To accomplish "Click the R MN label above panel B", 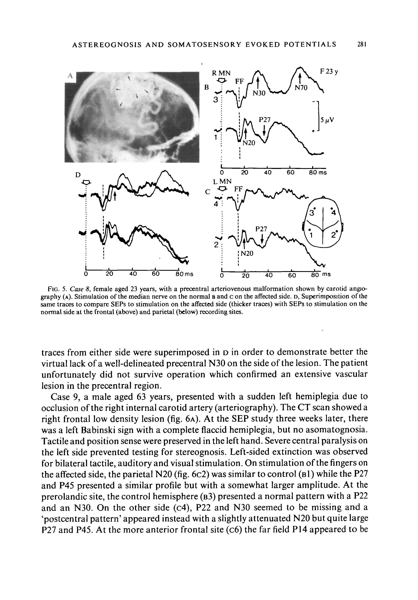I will pos(221,73).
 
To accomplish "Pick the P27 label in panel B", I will pos(264,120).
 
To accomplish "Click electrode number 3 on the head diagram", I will pos(312,213).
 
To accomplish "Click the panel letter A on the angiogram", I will pos(70,76).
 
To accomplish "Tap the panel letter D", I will pos(78,175).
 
